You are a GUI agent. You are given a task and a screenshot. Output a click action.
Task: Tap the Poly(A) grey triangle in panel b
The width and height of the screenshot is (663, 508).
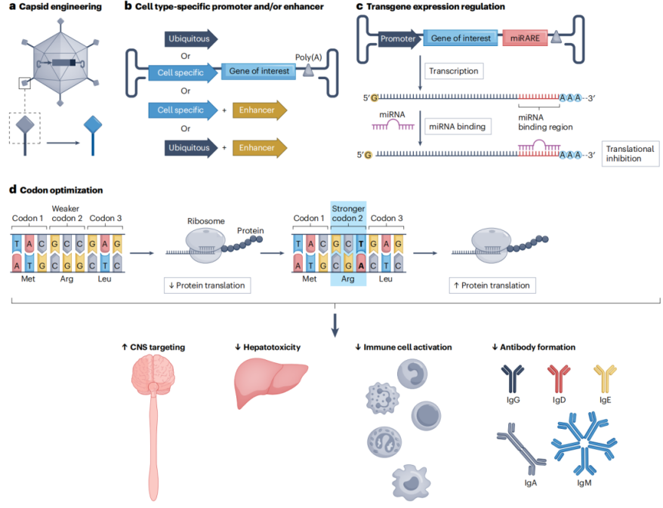tap(309, 70)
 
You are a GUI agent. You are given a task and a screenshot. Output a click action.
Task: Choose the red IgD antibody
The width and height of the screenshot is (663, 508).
tap(559, 378)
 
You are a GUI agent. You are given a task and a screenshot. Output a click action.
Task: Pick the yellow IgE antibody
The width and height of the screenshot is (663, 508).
tap(606, 377)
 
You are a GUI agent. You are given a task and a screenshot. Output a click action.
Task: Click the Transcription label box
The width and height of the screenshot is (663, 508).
tap(452, 72)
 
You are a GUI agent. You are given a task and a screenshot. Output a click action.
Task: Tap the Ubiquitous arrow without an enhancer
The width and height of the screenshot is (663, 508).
tap(191, 38)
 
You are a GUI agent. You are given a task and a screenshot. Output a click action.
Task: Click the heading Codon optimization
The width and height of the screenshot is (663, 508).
tap(57, 190)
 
